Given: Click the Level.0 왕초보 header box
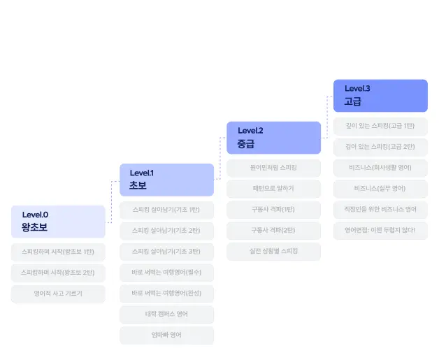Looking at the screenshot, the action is [x=58, y=222].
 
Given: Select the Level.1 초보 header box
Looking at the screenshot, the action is [x=166, y=180].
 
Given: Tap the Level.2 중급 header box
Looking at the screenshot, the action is [x=273, y=138].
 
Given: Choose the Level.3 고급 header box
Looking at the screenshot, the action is [x=380, y=96].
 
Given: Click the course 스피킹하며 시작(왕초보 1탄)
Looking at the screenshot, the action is [x=58, y=252].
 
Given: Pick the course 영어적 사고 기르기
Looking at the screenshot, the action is [x=58, y=294].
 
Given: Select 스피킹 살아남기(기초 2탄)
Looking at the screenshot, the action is [x=166, y=230].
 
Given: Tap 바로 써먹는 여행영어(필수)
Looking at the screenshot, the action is [x=166, y=272].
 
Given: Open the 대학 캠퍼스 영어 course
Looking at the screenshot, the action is [x=166, y=314].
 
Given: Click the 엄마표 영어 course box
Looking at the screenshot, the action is [x=166, y=335].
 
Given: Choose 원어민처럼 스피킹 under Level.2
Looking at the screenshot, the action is [x=273, y=168].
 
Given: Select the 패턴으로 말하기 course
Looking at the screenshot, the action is [x=273, y=189].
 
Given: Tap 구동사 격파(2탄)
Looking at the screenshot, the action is [x=273, y=230].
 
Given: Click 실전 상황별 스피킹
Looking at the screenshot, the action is [x=273, y=251].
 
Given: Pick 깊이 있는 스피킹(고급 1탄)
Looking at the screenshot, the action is [x=380, y=126].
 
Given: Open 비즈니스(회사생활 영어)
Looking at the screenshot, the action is [x=380, y=168].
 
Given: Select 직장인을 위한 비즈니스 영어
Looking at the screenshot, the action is [x=380, y=209].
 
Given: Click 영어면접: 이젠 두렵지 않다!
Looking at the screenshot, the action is [x=380, y=230].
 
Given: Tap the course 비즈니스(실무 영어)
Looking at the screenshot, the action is [x=380, y=189].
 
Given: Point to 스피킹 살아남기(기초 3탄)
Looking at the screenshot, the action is [x=166, y=251].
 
